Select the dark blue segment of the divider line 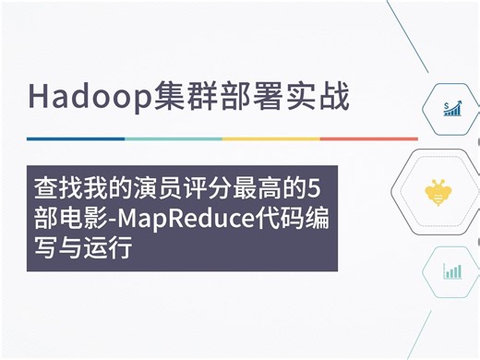pos(75,138)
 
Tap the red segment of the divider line pos(368,138)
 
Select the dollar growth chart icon pos(452,110)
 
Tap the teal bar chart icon pos(452,270)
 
